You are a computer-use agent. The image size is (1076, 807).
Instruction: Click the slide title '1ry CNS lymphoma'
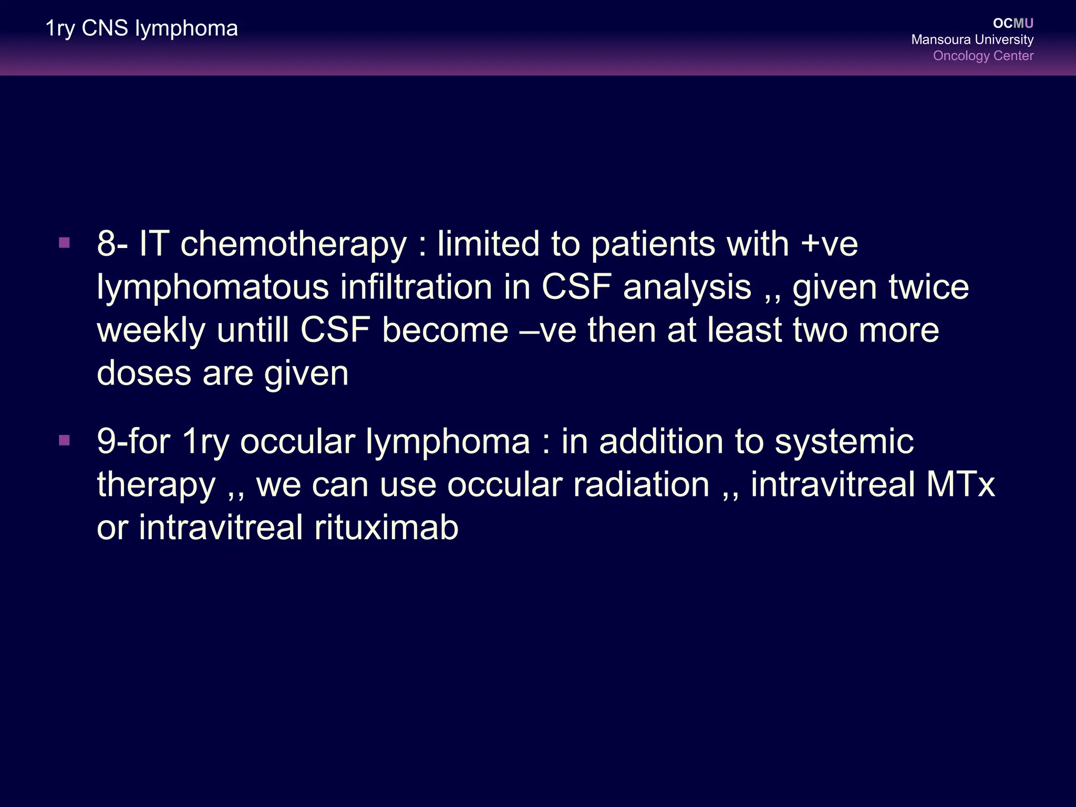[141, 28]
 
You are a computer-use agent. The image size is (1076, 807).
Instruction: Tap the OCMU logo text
[1013, 23]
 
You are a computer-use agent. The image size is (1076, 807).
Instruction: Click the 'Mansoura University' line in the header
[972, 39]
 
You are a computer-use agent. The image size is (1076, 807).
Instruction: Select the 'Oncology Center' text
[982, 56]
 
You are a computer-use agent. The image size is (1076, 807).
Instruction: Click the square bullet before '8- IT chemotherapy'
[65, 243]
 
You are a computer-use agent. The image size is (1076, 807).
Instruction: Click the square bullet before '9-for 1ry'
[65, 440]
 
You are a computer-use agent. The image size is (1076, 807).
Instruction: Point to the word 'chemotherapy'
[294, 245]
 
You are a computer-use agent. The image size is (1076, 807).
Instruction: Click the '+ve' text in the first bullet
[830, 245]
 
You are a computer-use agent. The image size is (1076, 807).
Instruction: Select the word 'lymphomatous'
[213, 288]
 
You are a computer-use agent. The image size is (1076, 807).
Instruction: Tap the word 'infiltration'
[416, 288]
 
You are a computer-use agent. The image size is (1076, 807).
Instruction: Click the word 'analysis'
[687, 288]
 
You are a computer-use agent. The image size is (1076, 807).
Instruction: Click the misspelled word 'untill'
[253, 330]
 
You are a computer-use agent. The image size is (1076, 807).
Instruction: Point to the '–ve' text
[548, 330]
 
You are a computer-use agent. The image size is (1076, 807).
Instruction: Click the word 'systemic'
[844, 442]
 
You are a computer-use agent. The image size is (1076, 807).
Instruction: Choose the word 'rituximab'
[386, 527]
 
